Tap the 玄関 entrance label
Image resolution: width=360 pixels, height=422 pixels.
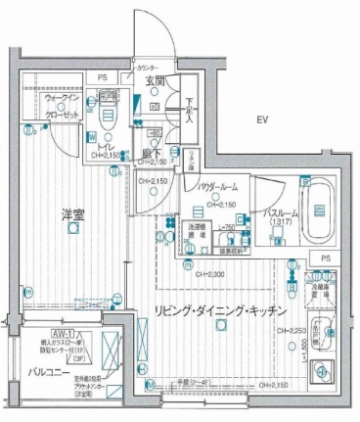155,81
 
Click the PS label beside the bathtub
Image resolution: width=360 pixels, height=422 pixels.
326,258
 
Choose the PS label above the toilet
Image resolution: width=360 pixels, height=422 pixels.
101,76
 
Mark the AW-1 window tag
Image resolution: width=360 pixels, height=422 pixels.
39,335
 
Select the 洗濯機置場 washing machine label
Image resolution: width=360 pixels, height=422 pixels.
196,232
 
